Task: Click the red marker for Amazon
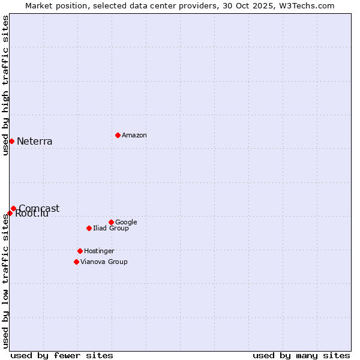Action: point(118,135)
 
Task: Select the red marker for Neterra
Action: point(11,141)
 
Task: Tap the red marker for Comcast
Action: point(13,208)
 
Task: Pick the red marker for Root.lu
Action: point(10,213)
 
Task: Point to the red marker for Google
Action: point(111,222)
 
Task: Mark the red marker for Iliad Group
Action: point(89,228)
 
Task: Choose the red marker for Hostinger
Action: point(80,251)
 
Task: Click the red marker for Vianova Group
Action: point(76,262)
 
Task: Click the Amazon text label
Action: point(134,136)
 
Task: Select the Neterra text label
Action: point(35,142)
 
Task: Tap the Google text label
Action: point(126,223)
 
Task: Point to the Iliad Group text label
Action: point(111,229)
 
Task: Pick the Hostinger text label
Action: point(99,251)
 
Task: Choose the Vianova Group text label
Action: point(104,262)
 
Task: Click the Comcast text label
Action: point(40,208)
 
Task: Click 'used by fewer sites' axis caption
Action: point(62,356)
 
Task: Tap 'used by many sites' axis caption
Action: point(301,356)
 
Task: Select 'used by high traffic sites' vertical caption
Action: point(5,85)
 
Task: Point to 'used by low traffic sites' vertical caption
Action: point(5,281)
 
